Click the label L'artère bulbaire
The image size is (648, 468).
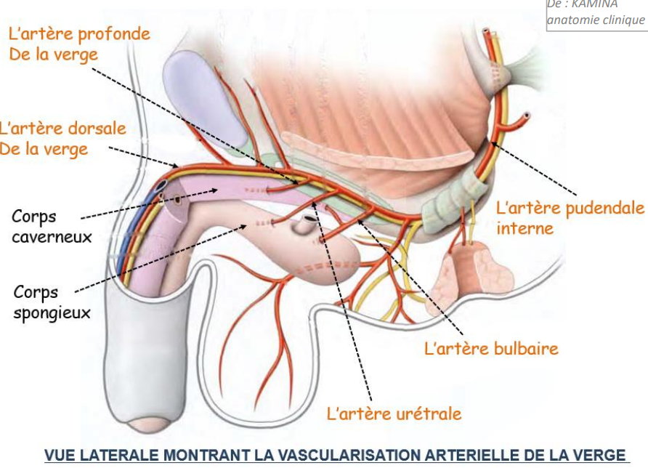click(x=491, y=349)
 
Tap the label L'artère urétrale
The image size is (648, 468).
click(x=394, y=413)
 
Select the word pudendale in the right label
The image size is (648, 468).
click(x=604, y=209)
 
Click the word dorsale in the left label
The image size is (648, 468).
click(x=97, y=129)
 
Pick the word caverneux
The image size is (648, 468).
click(x=52, y=238)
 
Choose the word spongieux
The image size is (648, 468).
click(x=52, y=313)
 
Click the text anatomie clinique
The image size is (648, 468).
click(x=596, y=20)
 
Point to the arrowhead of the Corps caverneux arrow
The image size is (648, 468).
click(x=215, y=190)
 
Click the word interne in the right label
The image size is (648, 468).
click(x=525, y=228)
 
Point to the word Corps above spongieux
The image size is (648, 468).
click(x=36, y=293)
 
